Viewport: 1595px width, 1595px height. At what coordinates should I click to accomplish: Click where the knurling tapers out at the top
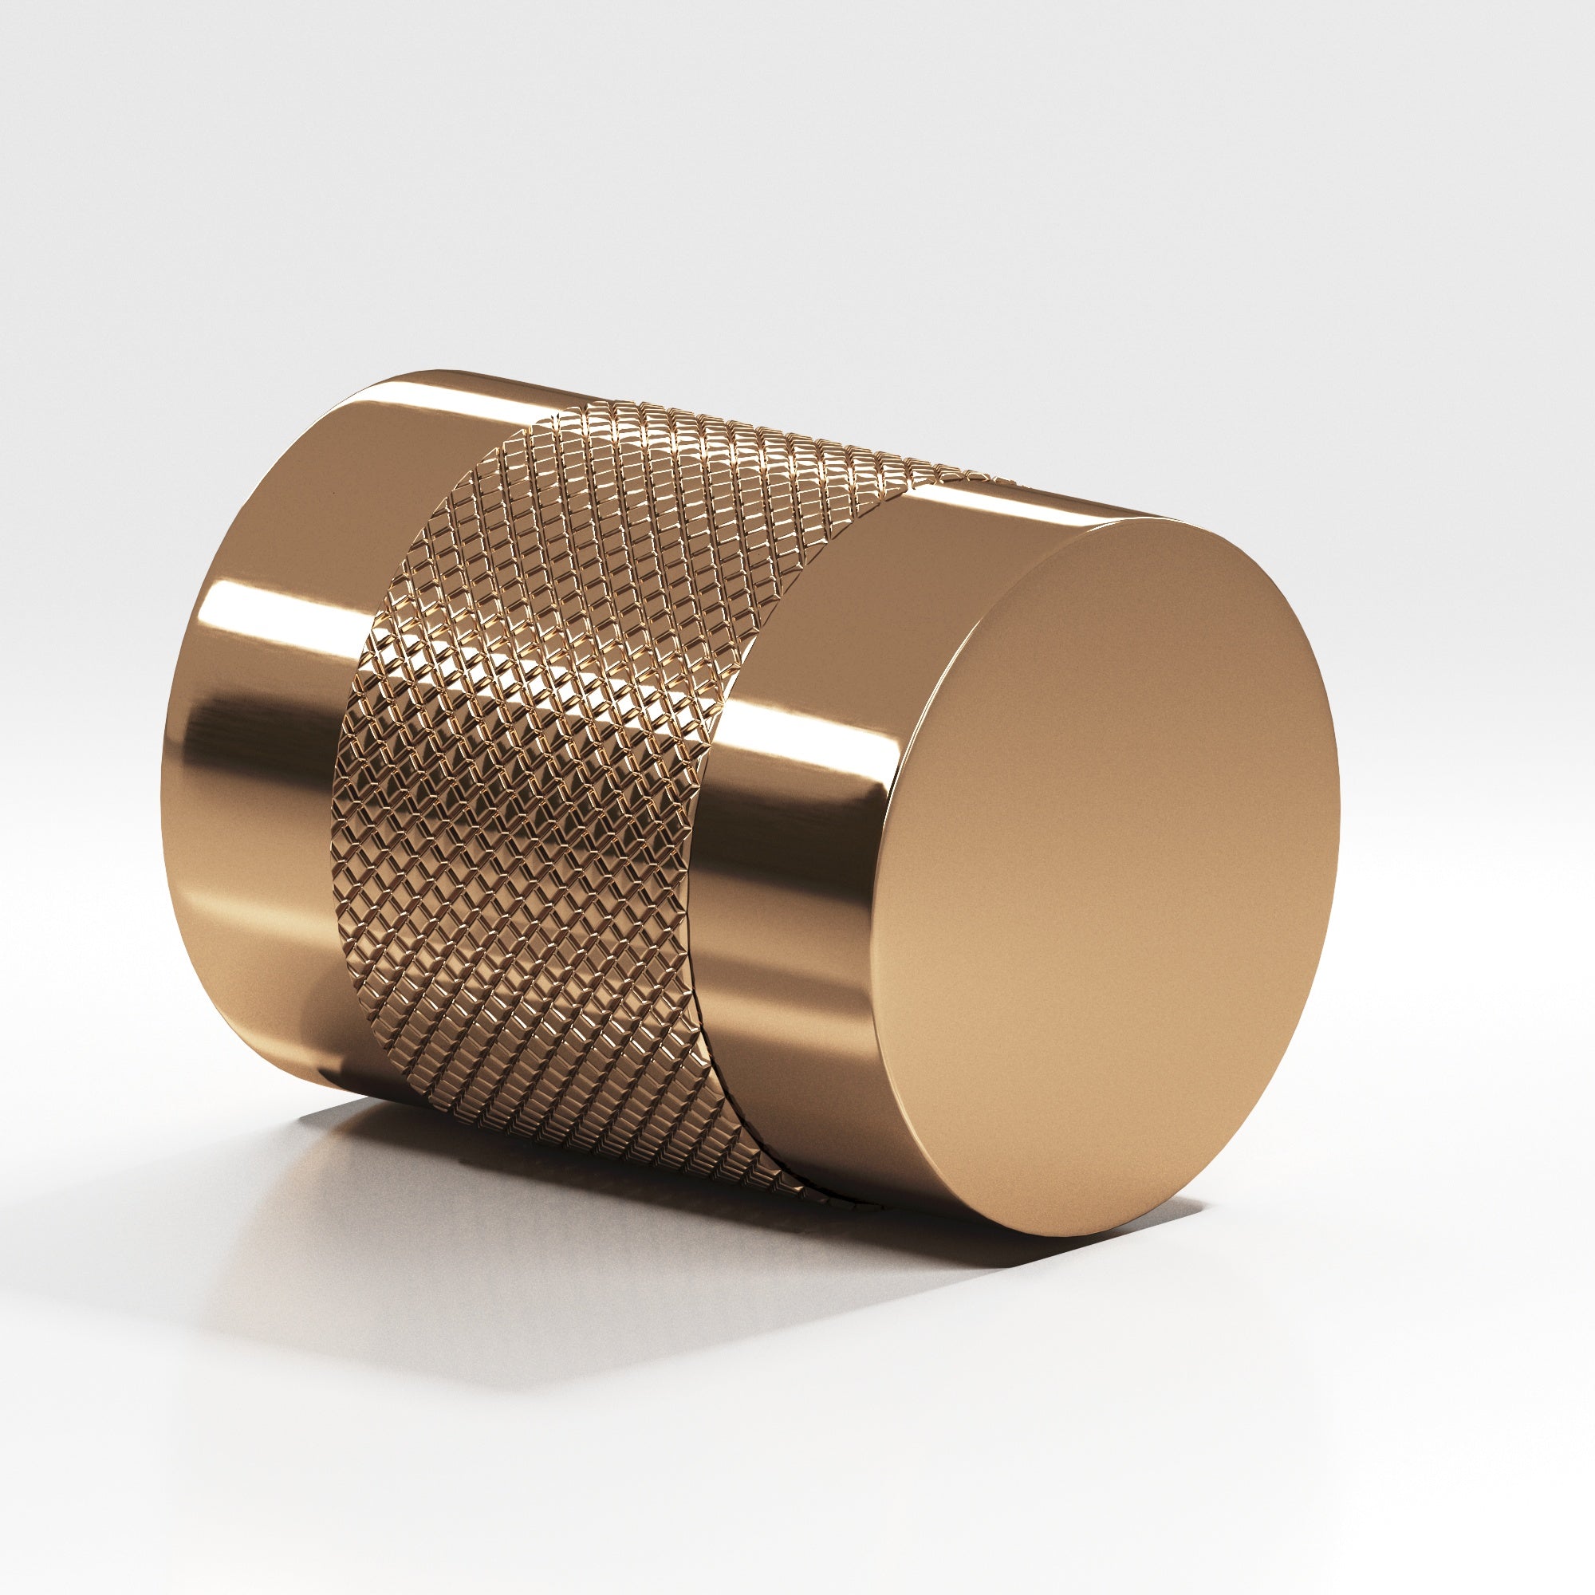(x=990, y=477)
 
